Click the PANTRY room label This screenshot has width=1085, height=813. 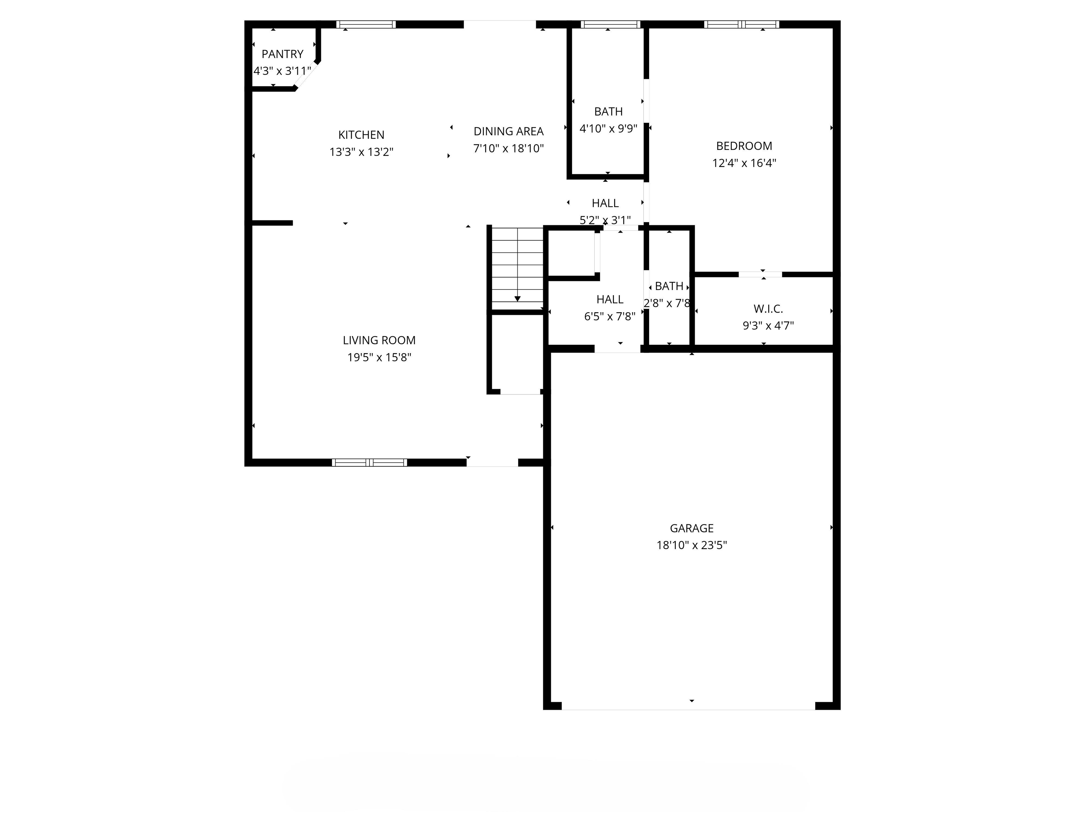point(282,54)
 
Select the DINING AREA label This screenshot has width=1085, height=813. point(508,131)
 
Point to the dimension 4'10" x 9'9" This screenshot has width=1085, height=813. point(608,129)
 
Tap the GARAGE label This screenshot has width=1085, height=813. point(691,528)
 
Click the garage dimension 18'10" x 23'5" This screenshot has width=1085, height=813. point(691,546)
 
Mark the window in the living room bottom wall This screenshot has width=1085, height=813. point(369,462)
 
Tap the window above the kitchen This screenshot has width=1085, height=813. point(366,24)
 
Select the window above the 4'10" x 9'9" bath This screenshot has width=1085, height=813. point(610,24)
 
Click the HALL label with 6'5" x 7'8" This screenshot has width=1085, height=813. point(609,300)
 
